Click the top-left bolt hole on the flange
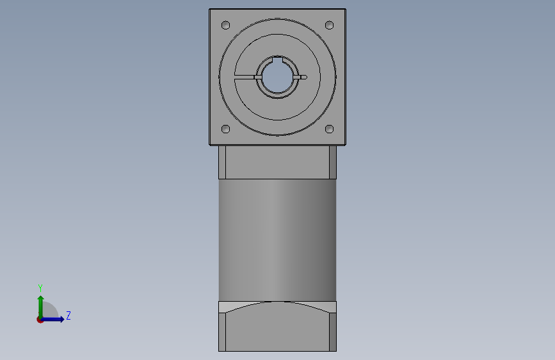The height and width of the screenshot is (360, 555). pyautogui.click(x=225, y=25)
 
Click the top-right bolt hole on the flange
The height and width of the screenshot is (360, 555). pyautogui.click(x=329, y=25)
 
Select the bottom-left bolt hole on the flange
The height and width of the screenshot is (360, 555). pyautogui.click(x=225, y=129)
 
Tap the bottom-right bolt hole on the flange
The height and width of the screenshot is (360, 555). pyautogui.click(x=329, y=129)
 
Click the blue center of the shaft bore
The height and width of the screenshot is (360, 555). pyautogui.click(x=278, y=78)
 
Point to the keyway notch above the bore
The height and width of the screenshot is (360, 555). pyautogui.click(x=278, y=60)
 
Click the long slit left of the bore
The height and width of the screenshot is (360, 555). pyautogui.click(x=245, y=77)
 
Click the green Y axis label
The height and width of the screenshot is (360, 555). pyautogui.click(x=40, y=288)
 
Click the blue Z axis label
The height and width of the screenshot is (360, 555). pyautogui.click(x=68, y=315)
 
